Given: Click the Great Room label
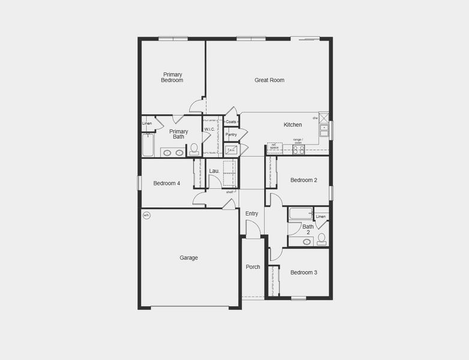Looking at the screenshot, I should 269,80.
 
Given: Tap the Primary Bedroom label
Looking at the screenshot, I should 172,77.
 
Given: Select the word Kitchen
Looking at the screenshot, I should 292,125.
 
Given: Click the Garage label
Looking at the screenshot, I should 189,258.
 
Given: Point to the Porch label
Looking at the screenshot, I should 253,267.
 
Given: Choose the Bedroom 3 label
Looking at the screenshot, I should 303,272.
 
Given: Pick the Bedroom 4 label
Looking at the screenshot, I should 166,183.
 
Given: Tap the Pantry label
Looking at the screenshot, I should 231,134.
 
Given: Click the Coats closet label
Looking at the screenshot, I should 231,122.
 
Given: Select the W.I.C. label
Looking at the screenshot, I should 210,129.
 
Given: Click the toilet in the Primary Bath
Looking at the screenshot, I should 194,149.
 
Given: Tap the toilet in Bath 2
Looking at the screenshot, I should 321,239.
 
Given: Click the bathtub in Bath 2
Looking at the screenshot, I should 300,214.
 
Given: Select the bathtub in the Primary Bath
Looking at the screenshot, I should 148,145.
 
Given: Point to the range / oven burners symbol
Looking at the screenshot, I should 298,149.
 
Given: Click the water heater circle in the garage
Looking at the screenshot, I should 146,215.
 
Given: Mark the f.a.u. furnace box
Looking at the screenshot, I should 231,149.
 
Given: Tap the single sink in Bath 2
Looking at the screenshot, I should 307,242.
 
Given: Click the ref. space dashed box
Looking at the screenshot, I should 274,148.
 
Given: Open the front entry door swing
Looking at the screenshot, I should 253,229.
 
